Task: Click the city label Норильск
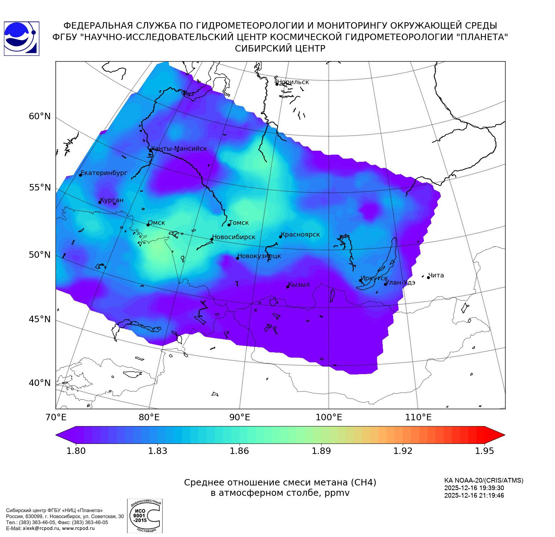tap(293, 82)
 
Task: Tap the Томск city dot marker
tap(229, 225)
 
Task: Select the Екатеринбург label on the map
tap(104, 173)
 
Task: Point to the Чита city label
tap(436, 275)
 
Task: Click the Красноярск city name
tap(300, 234)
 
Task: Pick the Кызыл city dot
tap(288, 286)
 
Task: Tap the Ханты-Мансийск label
tap(179, 149)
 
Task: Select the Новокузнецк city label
tap(259, 256)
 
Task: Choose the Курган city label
tap(111, 200)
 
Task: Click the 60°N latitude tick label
tap(40, 116)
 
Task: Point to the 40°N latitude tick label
tap(40, 383)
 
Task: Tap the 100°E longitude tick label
tap(329, 417)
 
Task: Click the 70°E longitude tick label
tap(56, 417)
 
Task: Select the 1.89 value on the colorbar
tap(321, 451)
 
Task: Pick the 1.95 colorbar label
tap(484, 451)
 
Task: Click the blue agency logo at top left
tap(21, 38)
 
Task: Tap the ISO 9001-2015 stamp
tap(145, 516)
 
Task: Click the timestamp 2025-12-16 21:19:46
tap(474, 495)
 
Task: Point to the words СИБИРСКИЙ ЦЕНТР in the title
tap(280, 49)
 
